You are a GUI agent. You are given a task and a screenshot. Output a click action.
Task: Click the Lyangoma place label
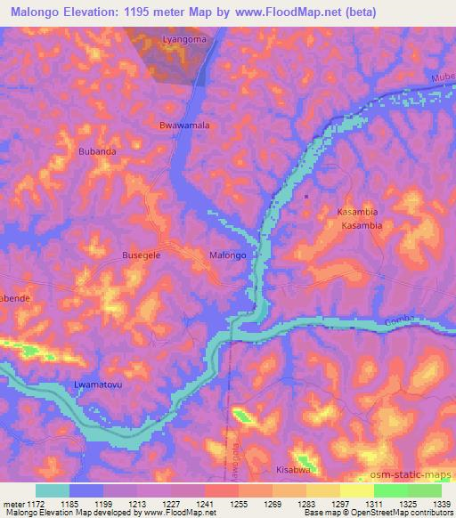coord(185,40)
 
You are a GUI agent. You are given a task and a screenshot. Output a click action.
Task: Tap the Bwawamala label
coord(184,125)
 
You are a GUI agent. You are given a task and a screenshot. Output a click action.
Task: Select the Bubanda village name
coord(97,152)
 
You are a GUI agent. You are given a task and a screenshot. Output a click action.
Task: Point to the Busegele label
coord(141,255)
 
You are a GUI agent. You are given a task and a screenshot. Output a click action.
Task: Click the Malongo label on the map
coord(227,255)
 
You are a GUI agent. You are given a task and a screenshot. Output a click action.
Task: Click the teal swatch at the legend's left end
coord(53,490)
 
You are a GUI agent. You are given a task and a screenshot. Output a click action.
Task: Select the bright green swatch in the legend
coord(391,490)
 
